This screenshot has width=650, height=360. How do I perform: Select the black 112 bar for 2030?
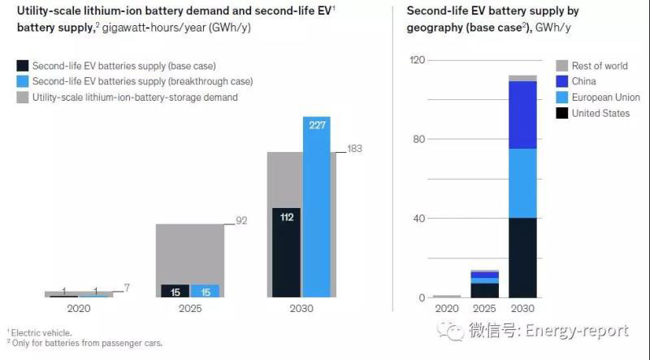coord(287,252)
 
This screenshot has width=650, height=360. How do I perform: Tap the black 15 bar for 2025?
coord(175,291)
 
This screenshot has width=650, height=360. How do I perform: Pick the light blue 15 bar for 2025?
coord(205,291)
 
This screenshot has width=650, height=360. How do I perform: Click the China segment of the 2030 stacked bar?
coord(523,115)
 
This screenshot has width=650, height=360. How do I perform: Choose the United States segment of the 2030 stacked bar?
coord(523,258)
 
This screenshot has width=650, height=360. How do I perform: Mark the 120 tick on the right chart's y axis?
coord(417,60)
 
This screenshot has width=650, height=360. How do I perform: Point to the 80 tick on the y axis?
coord(419,139)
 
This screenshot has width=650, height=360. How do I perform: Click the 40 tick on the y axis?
coord(419,219)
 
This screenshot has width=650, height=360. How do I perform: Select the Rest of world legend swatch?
coord(561,66)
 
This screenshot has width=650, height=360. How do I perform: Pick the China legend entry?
coord(583,81)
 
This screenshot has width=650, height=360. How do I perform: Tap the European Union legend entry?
coord(604,98)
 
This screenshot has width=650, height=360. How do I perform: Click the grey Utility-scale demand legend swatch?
coord(24,98)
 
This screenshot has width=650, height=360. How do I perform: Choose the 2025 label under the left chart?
coord(189,309)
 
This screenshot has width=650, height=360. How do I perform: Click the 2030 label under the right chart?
coord(523,309)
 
